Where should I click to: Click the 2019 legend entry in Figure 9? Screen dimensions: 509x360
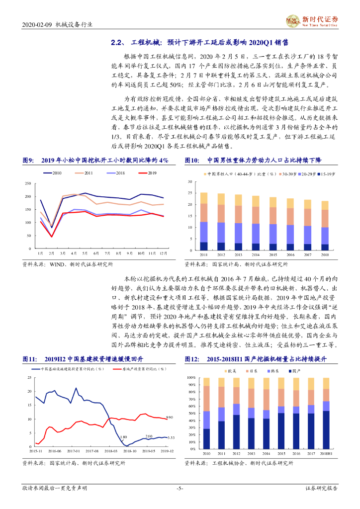(146, 172)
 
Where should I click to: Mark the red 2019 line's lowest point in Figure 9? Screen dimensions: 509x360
(52, 237)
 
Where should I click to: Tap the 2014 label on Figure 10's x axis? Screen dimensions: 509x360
(255, 254)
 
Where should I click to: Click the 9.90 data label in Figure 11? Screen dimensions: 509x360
(169, 417)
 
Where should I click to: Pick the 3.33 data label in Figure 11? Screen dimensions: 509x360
(170, 438)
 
